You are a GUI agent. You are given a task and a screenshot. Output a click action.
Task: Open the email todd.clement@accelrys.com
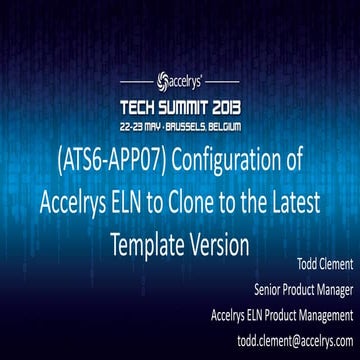(x=287, y=338)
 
